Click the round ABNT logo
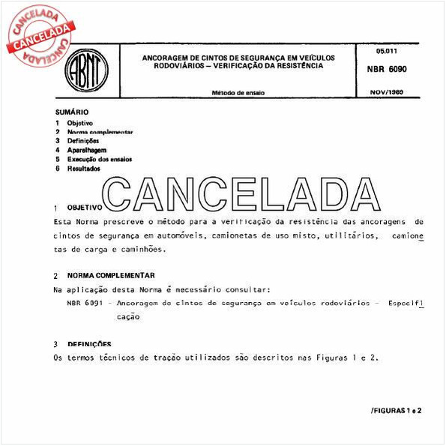(88, 73)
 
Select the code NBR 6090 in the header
(387, 69)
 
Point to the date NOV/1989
(387, 92)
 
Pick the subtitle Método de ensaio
(238, 93)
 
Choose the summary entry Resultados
(83, 169)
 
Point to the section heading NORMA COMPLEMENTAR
(111, 276)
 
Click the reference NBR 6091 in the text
(83, 304)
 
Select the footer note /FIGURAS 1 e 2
(397, 411)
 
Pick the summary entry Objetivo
(79, 122)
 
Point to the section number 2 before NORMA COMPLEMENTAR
(56, 276)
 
